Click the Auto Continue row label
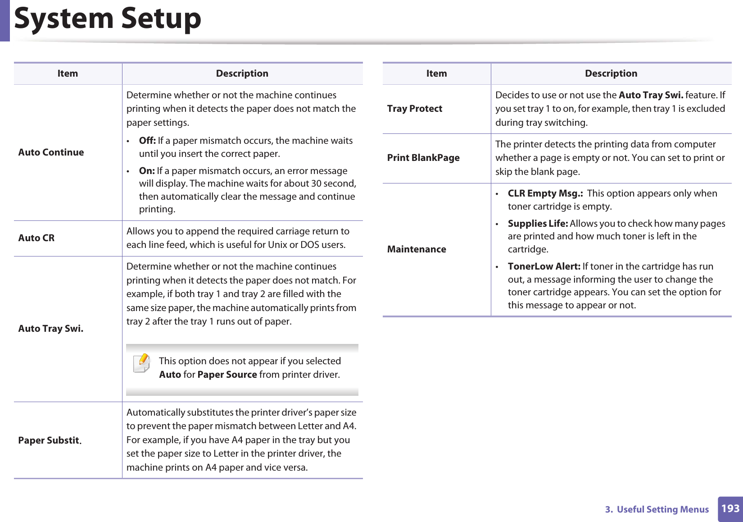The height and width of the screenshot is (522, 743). coord(51,152)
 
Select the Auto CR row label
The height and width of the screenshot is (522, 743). coord(36,238)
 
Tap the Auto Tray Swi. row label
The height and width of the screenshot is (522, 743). coord(50,329)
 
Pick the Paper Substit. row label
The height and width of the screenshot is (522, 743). coord(50,440)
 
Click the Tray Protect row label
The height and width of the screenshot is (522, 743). coord(414,109)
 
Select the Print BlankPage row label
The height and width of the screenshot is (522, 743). coord(423,158)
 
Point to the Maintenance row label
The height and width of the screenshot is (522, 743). coord(416,249)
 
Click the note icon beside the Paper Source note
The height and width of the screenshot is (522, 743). coord(141,363)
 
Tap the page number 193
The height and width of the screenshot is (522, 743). coord(730,508)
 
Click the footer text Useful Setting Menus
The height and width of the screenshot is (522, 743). coord(662,509)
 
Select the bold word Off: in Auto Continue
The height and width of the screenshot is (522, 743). coord(147,141)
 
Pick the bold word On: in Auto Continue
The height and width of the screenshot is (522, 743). coord(147,171)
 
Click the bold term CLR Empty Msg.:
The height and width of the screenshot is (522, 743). coord(545,193)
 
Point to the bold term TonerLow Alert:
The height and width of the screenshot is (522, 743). coord(544,266)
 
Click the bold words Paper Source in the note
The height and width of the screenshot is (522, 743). coord(227,375)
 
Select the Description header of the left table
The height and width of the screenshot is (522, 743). coord(242,73)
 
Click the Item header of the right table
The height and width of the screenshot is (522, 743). coord(436,73)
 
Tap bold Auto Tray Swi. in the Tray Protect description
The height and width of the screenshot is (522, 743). coord(651,95)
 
